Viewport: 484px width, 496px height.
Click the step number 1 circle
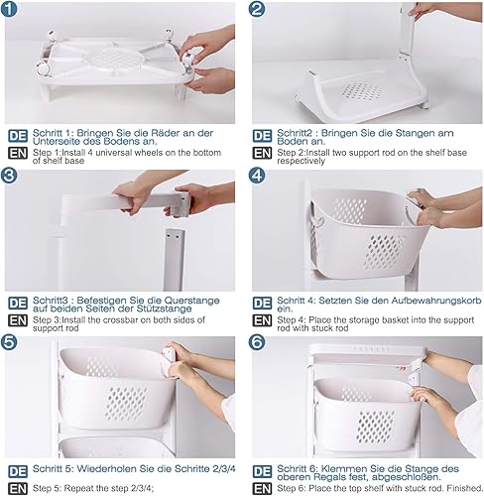[x=9, y=9]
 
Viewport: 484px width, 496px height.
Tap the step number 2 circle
[x=257, y=9]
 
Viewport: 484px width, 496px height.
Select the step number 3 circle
[x=9, y=175]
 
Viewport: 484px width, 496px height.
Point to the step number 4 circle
[x=257, y=175]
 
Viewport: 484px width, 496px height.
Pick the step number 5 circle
[x=9, y=342]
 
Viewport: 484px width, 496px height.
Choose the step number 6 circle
[x=257, y=342]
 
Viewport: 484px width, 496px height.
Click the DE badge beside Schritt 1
[x=18, y=136]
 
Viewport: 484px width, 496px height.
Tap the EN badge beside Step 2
[x=262, y=153]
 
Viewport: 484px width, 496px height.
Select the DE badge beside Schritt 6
[x=262, y=471]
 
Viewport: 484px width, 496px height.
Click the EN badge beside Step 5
[x=18, y=489]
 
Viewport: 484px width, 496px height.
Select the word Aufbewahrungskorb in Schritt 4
[x=436, y=301]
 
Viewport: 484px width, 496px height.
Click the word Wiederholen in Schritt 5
[x=107, y=468]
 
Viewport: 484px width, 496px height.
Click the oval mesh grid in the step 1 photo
[x=115, y=60]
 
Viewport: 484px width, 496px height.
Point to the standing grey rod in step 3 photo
[x=175, y=260]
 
